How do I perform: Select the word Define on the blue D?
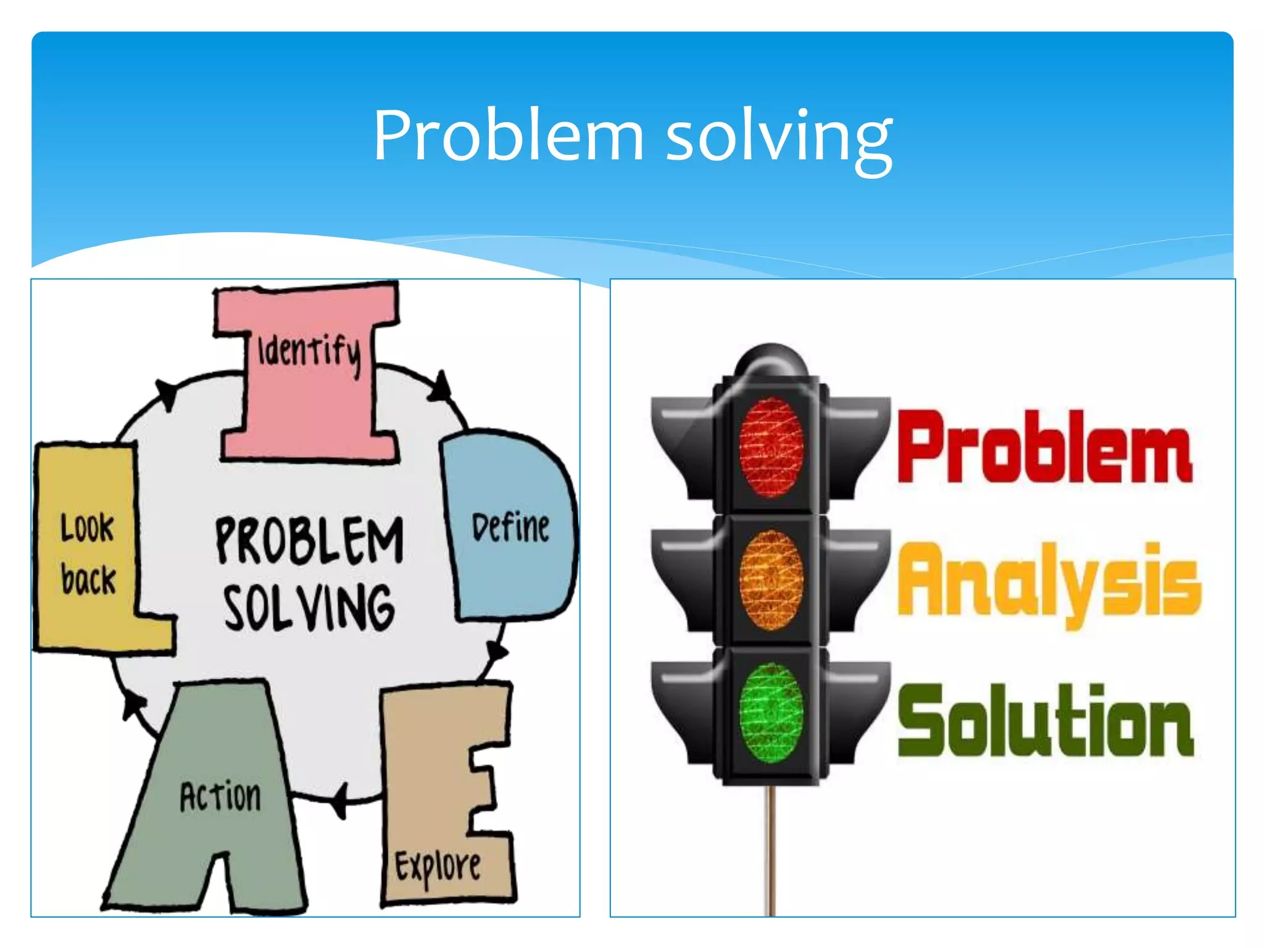point(510,528)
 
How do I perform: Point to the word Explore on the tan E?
point(438,867)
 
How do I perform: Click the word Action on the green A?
point(220,796)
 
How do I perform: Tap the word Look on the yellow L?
point(87,528)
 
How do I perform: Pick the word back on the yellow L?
point(88,580)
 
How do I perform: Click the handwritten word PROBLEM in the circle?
point(309,541)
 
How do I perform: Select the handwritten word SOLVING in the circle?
point(309,609)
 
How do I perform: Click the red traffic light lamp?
point(771,447)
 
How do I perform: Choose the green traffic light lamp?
point(771,713)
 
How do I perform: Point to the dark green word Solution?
point(1046,721)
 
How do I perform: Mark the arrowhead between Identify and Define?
point(441,387)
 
